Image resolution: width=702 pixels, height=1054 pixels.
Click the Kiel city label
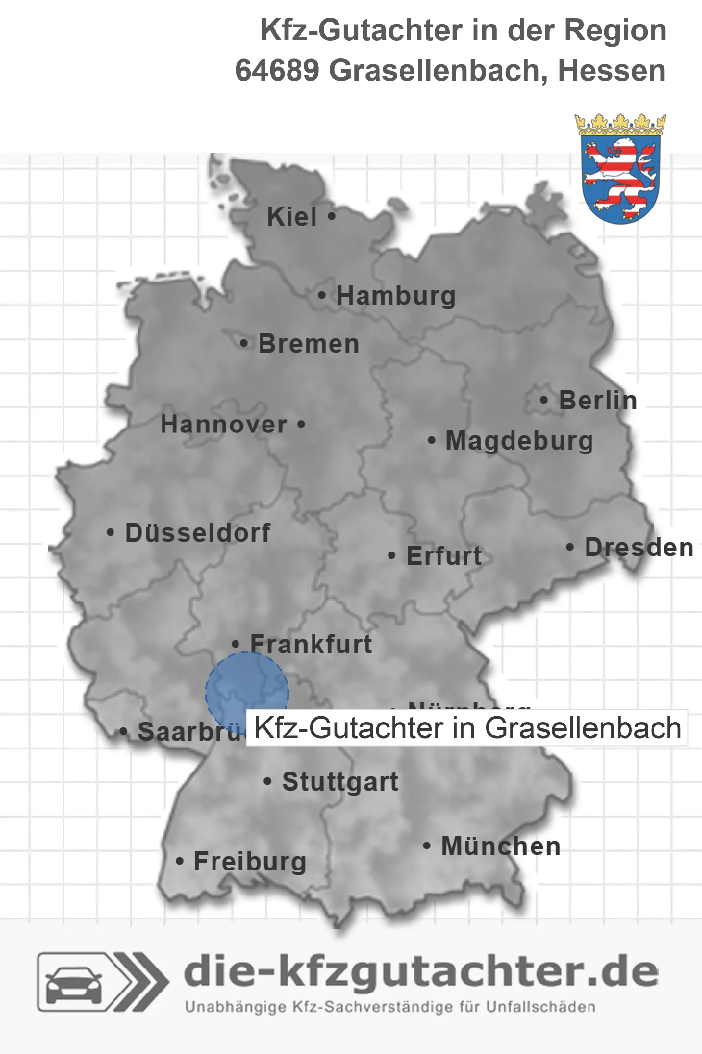pos(291,217)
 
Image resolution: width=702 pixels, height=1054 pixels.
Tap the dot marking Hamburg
pos(322,295)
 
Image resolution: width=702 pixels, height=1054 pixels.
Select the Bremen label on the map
pos(308,344)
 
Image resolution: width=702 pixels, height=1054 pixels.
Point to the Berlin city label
pos(598,401)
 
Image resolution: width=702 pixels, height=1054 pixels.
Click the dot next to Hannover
pos(301,424)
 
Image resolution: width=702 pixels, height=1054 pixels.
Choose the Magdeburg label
pos(519,441)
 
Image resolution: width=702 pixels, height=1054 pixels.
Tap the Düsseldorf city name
pos(198,533)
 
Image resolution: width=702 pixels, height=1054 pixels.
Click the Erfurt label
pos(443,556)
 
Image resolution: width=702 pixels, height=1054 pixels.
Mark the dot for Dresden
pos(570,547)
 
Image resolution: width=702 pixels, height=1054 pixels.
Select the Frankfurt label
pos(311,644)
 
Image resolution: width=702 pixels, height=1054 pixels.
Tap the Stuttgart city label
pos(340,782)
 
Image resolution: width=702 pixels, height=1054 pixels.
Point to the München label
pos(501,846)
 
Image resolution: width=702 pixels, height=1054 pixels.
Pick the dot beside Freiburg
pos(179,861)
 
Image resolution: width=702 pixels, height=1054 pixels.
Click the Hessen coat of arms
pos(620,169)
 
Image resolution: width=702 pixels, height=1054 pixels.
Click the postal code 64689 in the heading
pos(277,71)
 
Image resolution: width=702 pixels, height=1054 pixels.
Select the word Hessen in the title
pos(612,71)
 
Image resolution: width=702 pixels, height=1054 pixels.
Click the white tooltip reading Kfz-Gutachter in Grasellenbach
pos(467,728)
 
